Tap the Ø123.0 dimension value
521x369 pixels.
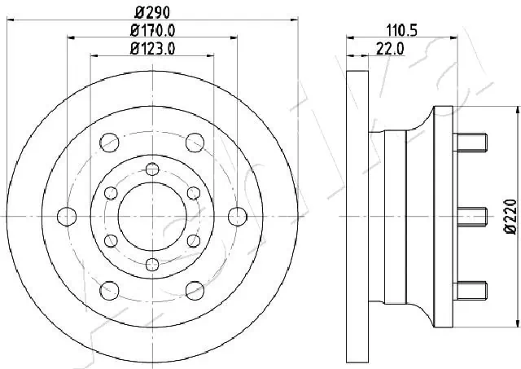[152, 50]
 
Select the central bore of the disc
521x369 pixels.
[151, 216]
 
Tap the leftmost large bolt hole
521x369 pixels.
[67, 216]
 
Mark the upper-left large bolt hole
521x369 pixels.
[108, 143]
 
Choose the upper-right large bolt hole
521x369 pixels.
[195, 143]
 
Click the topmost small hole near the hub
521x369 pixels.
[151, 169]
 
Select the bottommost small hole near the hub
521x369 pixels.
[151, 264]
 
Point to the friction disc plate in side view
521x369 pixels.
[353, 216]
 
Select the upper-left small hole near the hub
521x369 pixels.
[110, 193]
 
